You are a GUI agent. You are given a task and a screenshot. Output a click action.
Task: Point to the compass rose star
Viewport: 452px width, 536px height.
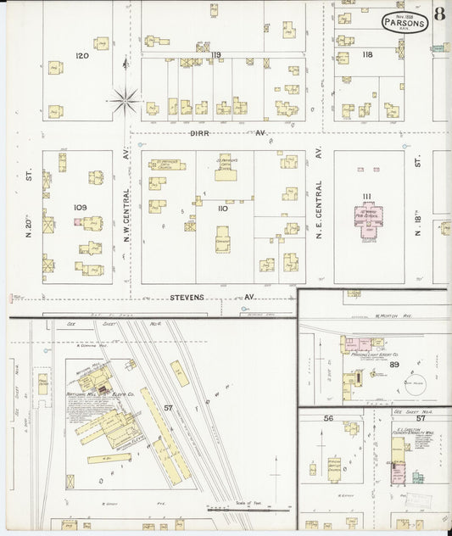125,102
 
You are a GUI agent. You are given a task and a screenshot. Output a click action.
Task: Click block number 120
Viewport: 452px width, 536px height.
81,55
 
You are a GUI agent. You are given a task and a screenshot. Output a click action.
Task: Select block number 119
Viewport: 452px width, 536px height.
215,55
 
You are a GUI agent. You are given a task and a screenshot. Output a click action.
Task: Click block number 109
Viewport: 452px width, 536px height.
81,208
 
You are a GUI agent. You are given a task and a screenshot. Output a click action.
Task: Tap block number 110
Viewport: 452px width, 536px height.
222,208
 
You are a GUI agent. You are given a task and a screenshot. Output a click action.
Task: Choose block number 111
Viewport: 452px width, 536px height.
366,197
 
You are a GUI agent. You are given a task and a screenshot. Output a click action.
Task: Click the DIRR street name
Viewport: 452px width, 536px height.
199,133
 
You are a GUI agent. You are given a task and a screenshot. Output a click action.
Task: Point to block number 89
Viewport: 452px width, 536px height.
394,364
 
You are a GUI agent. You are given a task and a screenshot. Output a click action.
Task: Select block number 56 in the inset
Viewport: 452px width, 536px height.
328,418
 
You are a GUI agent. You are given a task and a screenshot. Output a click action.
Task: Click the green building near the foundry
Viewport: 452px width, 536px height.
418,477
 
